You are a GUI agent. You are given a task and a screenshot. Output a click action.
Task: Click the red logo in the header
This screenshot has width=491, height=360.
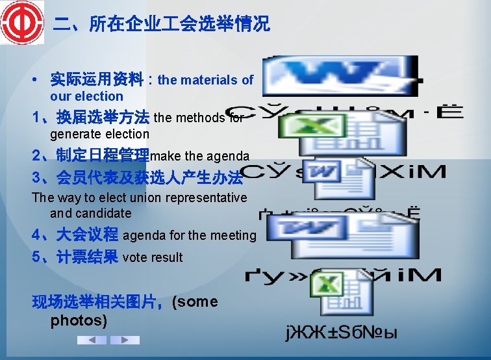tap(21, 23)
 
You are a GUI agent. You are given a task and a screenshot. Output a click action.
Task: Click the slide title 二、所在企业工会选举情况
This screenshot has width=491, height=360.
tap(161, 25)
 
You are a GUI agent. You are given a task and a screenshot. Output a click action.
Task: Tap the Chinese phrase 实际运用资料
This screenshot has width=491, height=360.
tap(97, 80)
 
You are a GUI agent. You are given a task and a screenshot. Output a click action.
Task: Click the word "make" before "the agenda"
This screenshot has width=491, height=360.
tap(166, 156)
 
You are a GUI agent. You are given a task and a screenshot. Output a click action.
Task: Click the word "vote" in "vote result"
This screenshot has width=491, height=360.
tap(134, 257)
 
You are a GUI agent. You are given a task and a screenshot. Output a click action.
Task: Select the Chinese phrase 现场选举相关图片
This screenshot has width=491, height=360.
tap(101, 302)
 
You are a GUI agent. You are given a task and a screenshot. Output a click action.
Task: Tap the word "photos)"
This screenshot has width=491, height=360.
tap(79, 320)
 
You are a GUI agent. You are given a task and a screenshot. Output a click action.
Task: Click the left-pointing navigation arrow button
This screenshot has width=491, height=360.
tap(92, 340)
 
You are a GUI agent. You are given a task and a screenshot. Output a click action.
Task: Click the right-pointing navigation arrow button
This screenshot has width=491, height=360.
tap(125, 340)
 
